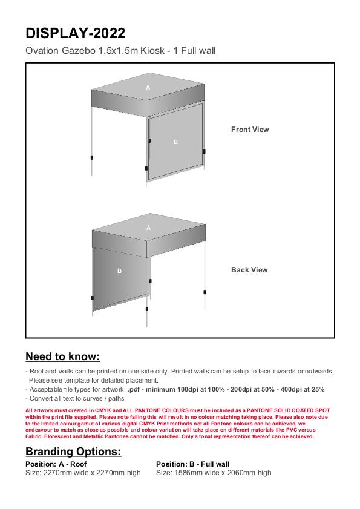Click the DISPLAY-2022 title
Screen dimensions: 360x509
pos(75,33)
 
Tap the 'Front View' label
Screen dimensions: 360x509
pos(250,130)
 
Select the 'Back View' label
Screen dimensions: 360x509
pos(249,270)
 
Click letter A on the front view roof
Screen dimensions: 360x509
pos(148,87)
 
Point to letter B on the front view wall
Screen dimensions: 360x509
pos(175,142)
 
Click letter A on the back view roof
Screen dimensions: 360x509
pos(148,228)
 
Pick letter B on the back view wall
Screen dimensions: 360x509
pos(119,271)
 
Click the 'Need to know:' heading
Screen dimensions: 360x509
pos(63,356)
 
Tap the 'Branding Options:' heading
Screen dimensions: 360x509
pos(73,452)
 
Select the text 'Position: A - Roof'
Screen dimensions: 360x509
pos(56,464)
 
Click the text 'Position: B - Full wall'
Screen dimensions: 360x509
pos(193,464)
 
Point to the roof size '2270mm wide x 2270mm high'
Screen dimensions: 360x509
pos(92,473)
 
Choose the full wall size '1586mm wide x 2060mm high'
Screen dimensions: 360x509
pos(223,473)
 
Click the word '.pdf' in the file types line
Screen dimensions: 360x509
pos(134,389)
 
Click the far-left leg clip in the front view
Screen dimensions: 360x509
pos(92,157)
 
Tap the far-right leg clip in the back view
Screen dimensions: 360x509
pos(205,292)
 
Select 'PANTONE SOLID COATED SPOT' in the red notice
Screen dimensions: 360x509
pos(288,410)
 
